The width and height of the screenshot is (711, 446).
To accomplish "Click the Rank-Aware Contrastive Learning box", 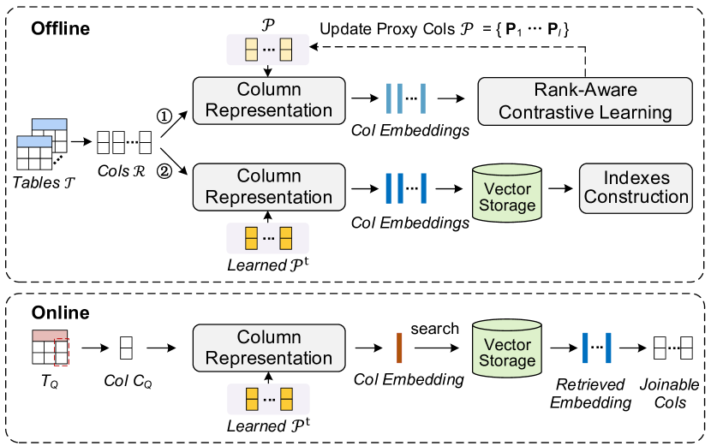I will click(585, 101).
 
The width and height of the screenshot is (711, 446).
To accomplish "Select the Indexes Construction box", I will click(636, 187).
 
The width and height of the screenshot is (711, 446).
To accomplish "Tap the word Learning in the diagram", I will click(636, 112).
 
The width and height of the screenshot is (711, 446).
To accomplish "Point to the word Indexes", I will click(636, 178).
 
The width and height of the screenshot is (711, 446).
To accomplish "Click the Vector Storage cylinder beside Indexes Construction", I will click(507, 195).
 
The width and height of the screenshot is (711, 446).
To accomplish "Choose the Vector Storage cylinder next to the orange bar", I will click(507, 349).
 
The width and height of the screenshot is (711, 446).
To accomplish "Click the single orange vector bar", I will click(399, 348).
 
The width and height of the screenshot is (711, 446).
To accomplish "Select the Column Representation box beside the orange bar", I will click(269, 348).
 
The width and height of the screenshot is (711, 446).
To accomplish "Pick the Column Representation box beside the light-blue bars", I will click(269, 100).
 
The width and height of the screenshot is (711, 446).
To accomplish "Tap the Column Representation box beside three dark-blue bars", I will click(269, 187).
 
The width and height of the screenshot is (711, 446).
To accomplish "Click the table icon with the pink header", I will click(50, 347).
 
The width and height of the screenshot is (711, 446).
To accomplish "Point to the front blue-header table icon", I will click(34, 153).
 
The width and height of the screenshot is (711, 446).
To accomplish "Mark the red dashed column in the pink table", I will click(61, 352).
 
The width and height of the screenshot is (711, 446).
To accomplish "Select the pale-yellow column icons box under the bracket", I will click(267, 50).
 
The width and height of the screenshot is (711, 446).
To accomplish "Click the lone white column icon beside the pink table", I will click(126, 348).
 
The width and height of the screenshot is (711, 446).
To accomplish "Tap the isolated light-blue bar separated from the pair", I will click(423, 98).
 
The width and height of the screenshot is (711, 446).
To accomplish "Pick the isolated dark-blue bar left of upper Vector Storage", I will click(423, 187).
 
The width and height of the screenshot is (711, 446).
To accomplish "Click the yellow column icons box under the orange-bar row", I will click(268, 399).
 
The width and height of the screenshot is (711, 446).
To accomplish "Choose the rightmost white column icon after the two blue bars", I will click(686, 348).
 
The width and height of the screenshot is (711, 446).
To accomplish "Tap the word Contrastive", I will click(563, 112).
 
